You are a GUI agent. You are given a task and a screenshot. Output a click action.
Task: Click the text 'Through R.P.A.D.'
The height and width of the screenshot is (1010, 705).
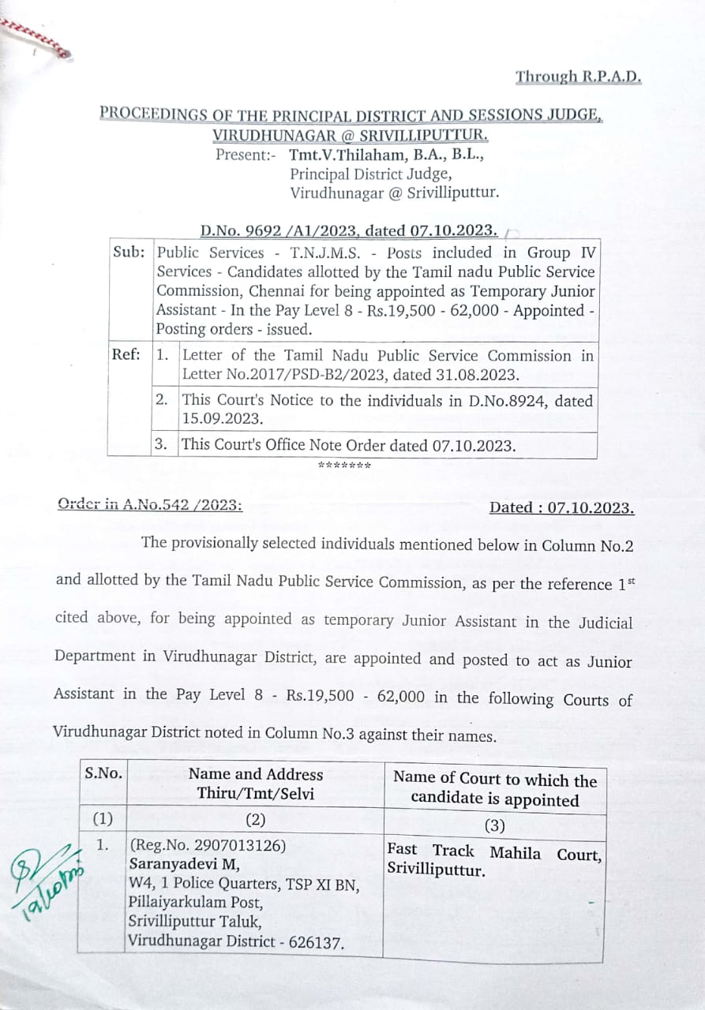578,77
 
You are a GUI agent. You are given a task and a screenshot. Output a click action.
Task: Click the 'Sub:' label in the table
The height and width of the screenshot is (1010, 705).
129,253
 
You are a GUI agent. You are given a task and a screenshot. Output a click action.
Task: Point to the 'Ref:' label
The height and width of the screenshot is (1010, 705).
127,354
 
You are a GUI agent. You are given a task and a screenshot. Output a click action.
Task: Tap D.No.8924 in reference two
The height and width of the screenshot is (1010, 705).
507,400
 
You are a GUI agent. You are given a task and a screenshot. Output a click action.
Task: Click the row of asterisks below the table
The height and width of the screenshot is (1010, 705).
344,465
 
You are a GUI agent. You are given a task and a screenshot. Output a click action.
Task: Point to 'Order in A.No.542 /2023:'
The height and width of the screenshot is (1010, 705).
150,505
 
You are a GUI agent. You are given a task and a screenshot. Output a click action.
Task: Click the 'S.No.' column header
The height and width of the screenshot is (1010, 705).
103,773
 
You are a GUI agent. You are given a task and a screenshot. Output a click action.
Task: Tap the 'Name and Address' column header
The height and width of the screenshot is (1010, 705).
255,774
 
